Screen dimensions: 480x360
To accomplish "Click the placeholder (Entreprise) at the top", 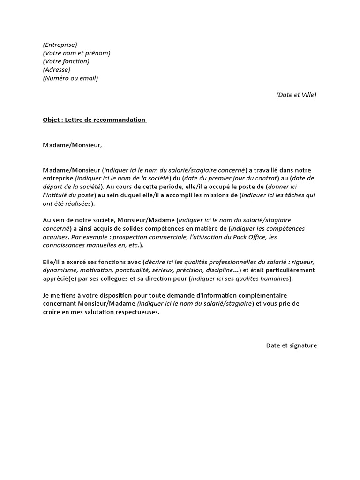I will point(60,45).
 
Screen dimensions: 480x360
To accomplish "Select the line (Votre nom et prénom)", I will point(76,53).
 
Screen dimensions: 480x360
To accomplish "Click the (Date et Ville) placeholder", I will point(296,95).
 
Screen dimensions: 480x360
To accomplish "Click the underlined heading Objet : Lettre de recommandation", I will point(95,120).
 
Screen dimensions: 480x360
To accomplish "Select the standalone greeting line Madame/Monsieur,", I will point(72,145).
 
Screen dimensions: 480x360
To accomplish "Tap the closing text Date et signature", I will point(292,345).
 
